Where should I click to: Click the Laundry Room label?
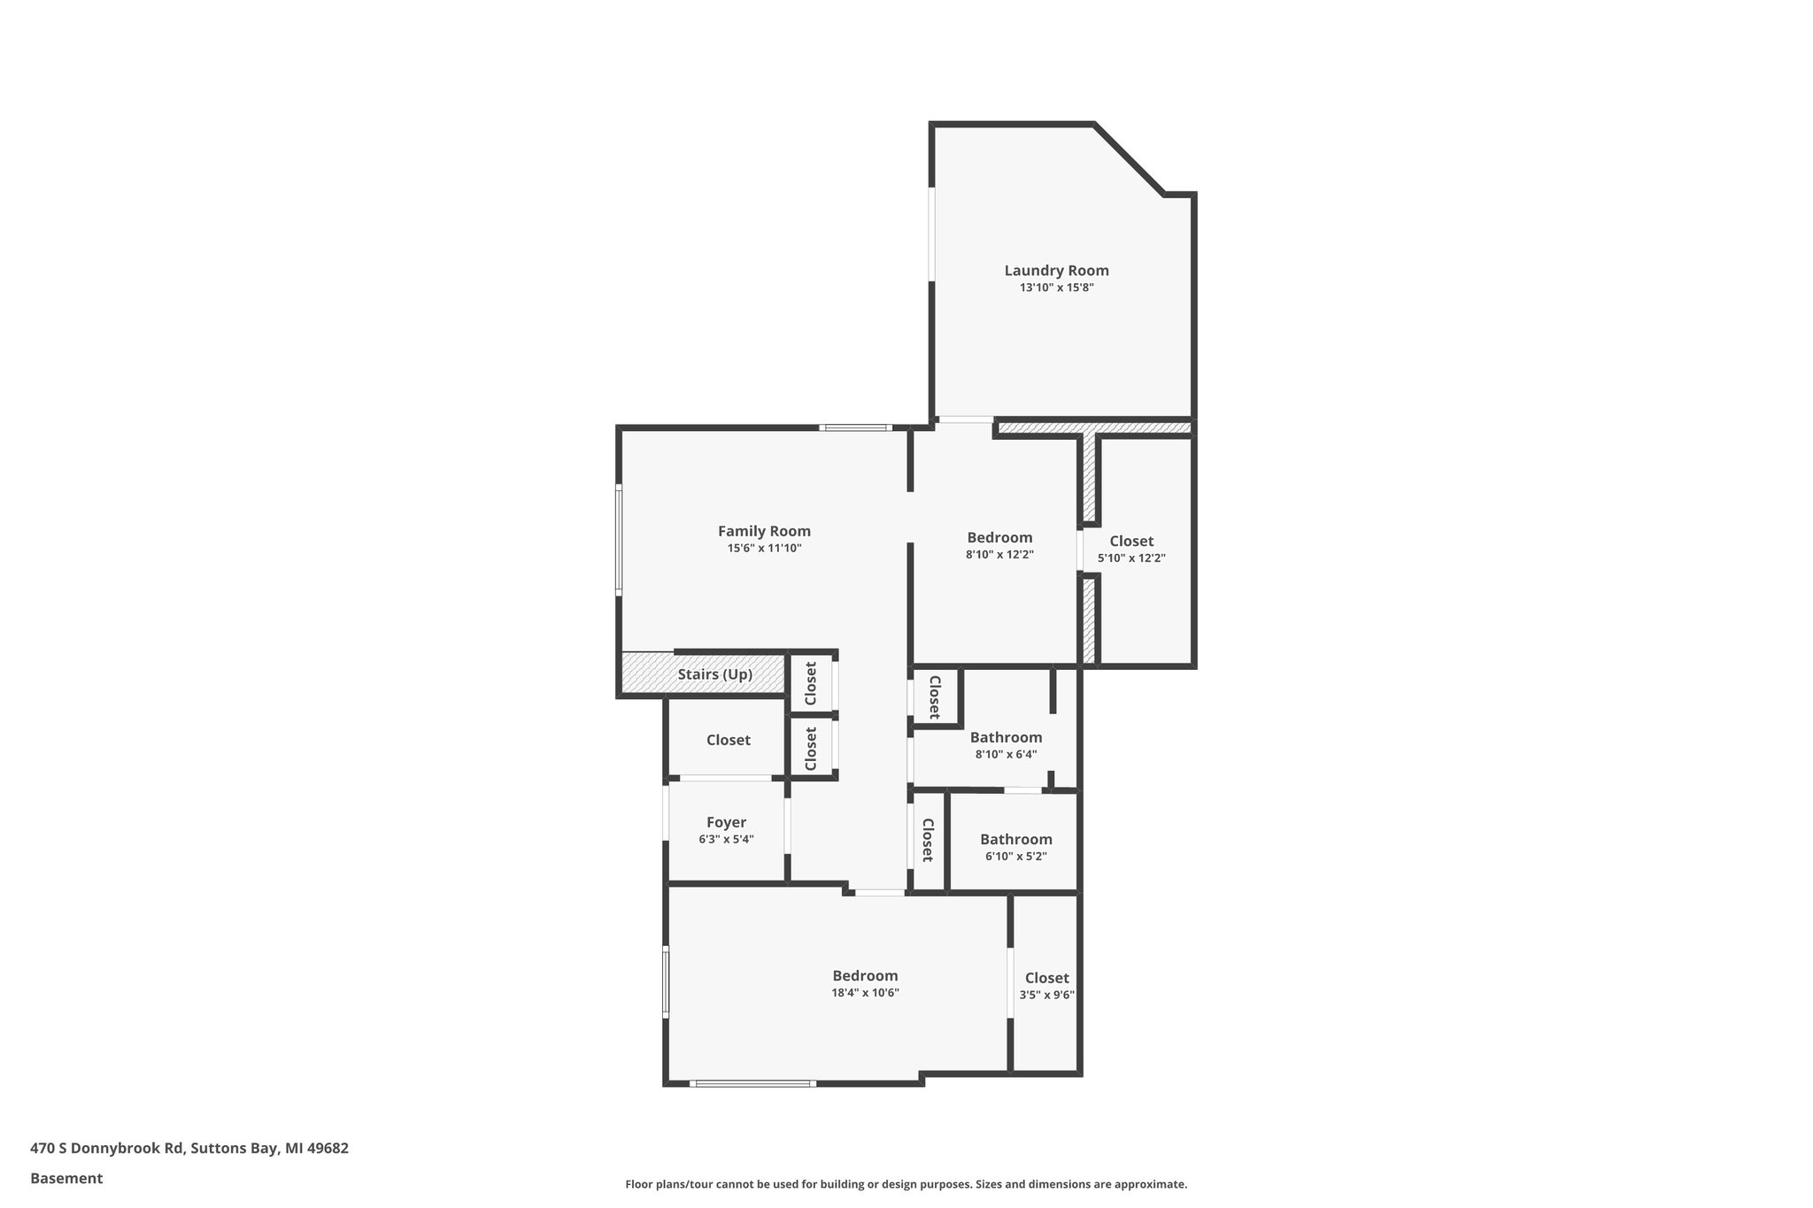tap(1056, 271)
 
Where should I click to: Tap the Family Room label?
tap(764, 531)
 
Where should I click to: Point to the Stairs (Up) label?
tap(715, 674)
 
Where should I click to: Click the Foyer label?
tap(726, 822)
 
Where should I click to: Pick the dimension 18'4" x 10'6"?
tap(865, 993)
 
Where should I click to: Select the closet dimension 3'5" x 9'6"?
tap(1046, 995)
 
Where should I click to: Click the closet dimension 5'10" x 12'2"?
tap(1131, 558)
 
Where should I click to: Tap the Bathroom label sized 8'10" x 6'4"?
tap(1006, 737)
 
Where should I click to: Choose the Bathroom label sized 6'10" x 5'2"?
tap(1015, 839)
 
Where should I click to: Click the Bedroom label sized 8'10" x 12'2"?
tap(999, 537)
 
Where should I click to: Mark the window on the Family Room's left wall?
tap(619, 539)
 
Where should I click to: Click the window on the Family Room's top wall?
tap(855, 428)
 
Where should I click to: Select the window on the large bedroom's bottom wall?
tap(752, 1083)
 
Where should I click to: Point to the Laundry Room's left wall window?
tap(931, 234)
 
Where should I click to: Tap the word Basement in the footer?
tap(66, 1178)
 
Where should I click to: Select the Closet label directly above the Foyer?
tap(728, 740)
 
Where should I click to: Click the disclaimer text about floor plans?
tap(906, 1184)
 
